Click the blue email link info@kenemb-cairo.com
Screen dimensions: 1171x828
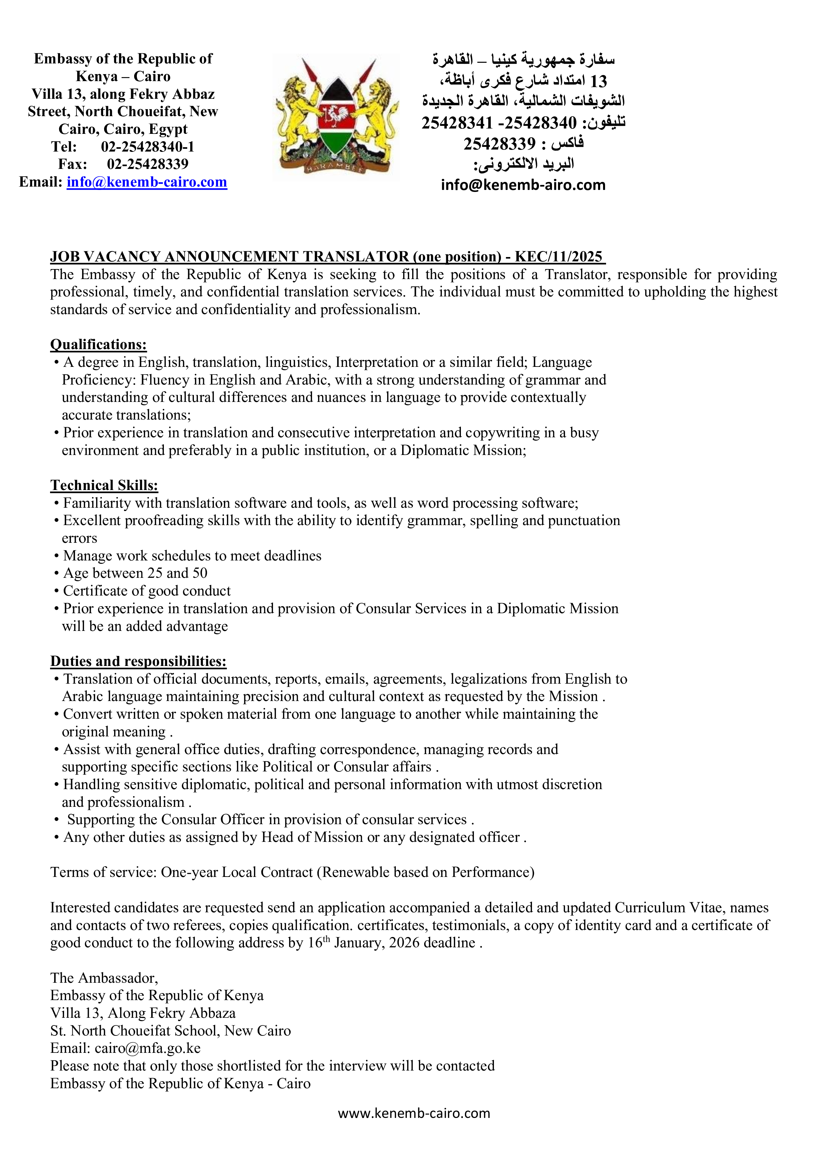coord(147,182)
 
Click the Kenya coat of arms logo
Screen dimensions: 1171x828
coord(336,117)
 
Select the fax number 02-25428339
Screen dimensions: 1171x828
coord(148,164)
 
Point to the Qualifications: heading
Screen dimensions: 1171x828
coord(98,345)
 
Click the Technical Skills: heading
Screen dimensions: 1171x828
coord(104,486)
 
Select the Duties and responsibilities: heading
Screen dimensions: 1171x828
coord(138,662)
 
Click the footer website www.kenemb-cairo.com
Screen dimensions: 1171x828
coord(413,1113)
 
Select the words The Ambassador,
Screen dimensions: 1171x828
coord(104,978)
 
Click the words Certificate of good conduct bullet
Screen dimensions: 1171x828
coord(147,591)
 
